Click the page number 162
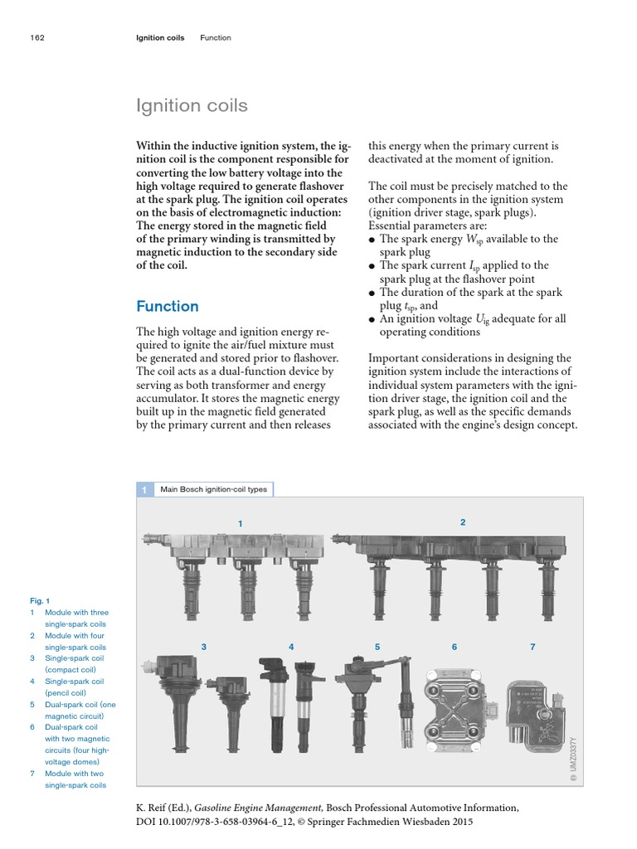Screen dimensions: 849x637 point(36,37)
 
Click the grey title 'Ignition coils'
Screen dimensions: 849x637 point(192,106)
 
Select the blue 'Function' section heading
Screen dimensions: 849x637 point(168,306)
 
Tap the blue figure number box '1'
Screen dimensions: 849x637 point(144,489)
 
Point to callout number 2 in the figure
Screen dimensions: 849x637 point(463,522)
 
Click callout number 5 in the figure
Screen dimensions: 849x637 point(377,646)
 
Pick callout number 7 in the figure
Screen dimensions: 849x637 point(532,646)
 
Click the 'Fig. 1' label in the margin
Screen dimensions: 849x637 point(41,600)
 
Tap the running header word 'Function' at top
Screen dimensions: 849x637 point(216,37)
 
